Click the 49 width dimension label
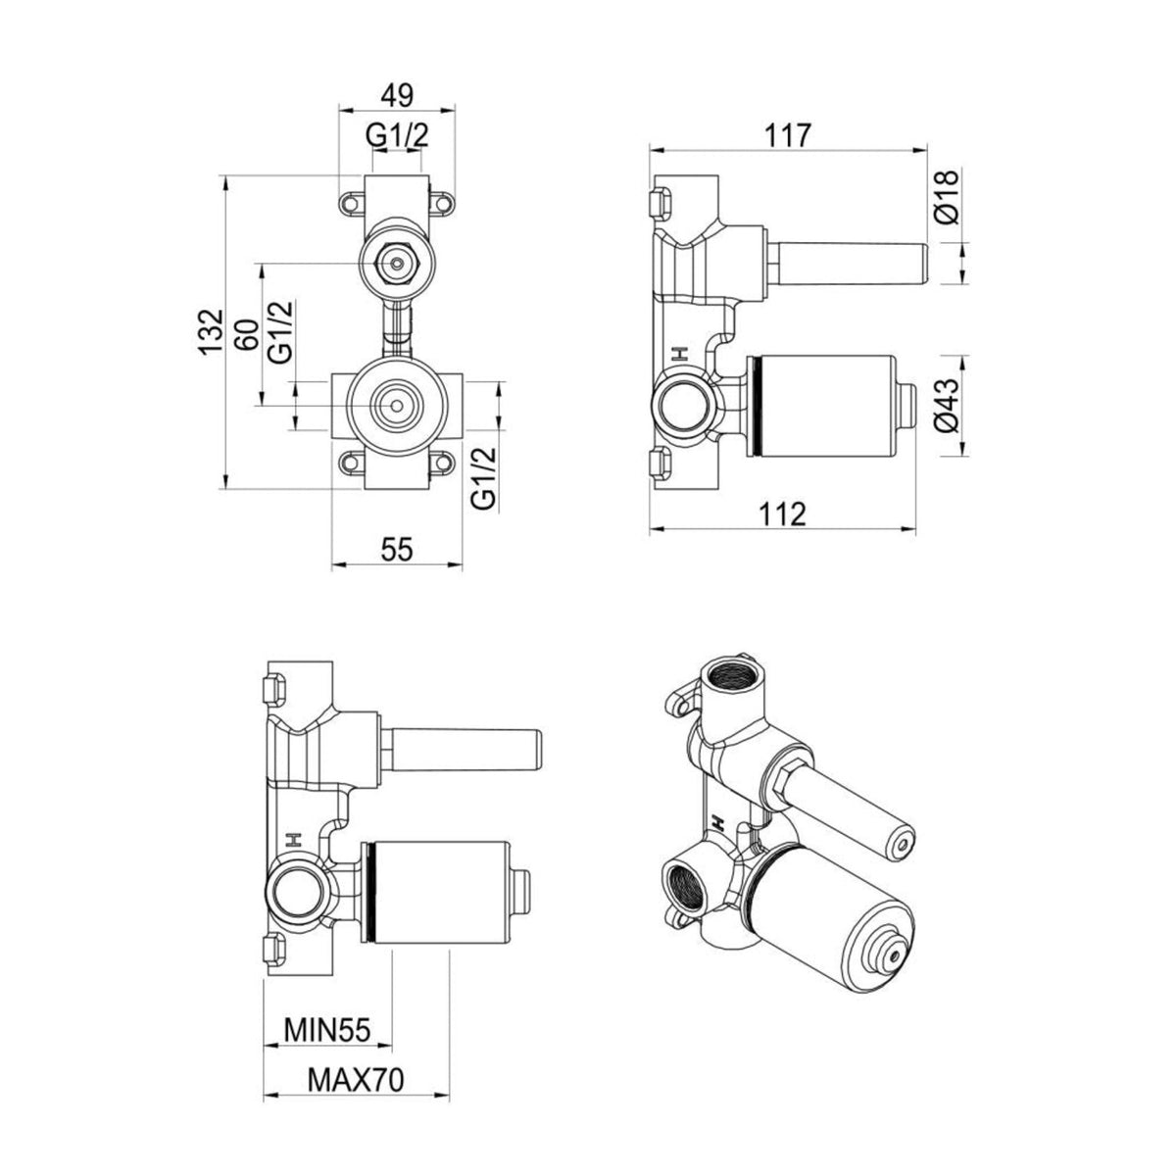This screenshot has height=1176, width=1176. point(397,95)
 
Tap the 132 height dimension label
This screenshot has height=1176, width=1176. point(211,332)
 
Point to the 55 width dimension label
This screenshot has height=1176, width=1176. point(397,549)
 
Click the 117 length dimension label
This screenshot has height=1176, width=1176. point(789,135)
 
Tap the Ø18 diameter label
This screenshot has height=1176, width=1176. point(947,197)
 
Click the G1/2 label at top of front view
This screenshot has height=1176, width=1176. point(397,135)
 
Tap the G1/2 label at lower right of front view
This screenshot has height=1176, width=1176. point(484,478)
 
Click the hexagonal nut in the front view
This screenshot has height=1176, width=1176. point(397,264)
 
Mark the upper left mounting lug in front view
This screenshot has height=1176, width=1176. point(352,204)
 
